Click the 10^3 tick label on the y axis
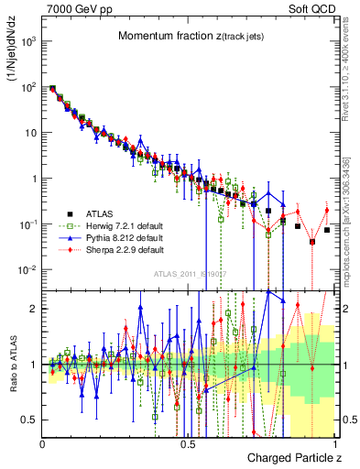point(29,41)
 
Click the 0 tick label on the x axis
point(43,443)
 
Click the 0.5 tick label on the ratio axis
point(30,420)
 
